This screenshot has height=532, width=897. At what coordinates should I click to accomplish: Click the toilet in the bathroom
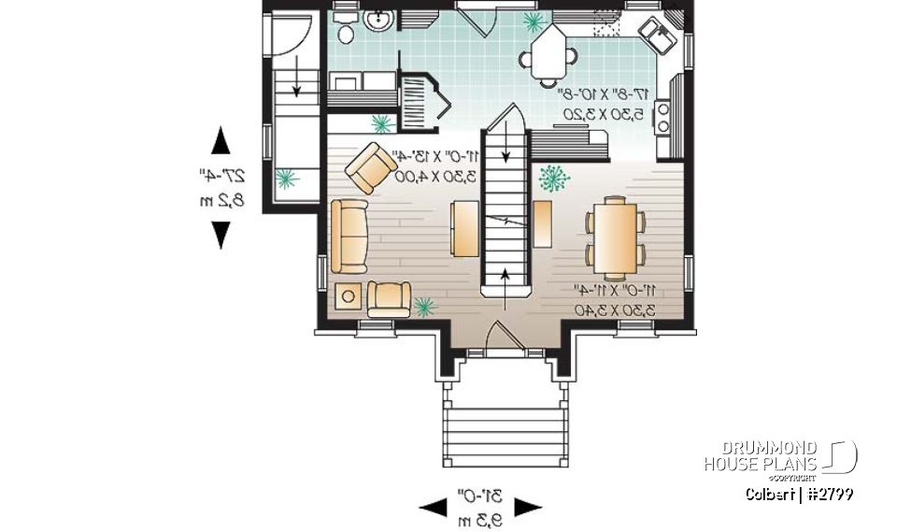344,31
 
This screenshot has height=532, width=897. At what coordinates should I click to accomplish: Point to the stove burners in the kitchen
663,118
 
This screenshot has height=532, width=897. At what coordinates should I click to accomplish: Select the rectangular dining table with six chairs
615,237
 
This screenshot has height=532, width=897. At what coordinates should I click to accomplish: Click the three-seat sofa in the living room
348,235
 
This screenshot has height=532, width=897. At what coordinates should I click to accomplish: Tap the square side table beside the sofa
349,296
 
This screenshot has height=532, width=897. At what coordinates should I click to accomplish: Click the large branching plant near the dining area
555,177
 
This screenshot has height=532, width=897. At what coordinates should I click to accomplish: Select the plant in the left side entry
286,178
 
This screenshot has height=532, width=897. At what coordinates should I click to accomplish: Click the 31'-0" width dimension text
480,495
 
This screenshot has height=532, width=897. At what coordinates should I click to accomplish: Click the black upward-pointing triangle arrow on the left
221,141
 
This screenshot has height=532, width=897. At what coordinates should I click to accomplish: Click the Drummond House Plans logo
780,457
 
